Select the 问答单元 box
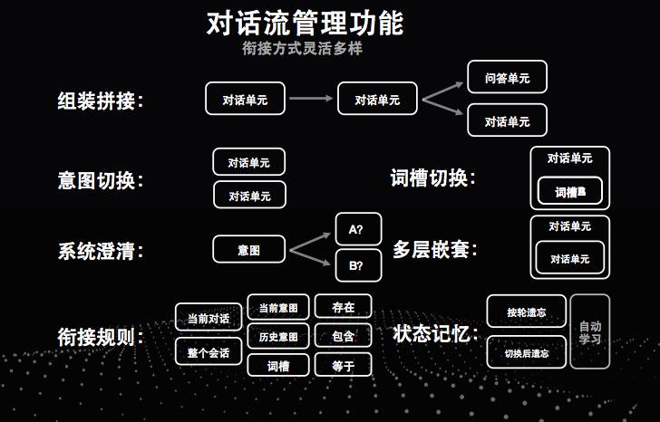[x=507, y=79]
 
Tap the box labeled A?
[x=356, y=230]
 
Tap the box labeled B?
[x=356, y=266]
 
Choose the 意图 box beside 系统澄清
[x=248, y=249]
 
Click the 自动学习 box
[x=590, y=331]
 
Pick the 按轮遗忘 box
[x=527, y=312]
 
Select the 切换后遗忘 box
[x=527, y=352]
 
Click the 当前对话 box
[x=209, y=318]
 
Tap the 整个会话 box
[x=209, y=351]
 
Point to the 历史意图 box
[x=277, y=336]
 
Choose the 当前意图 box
[x=277, y=307]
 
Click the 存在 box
[x=343, y=307]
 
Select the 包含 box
[x=343, y=336]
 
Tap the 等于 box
[x=343, y=366]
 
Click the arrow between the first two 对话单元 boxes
[x=312, y=100]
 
